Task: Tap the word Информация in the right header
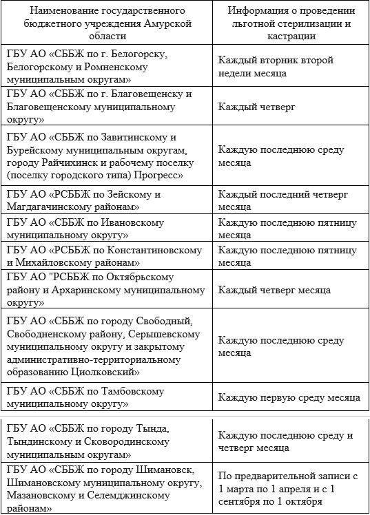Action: pos(259,12)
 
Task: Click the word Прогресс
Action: pos(159,175)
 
